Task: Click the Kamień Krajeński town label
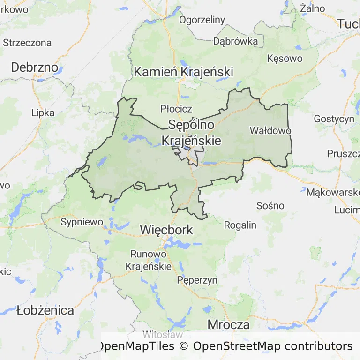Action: coord(183,72)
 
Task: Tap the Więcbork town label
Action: coord(166,230)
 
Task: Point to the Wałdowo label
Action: coord(270,130)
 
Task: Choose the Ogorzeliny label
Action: coord(202,20)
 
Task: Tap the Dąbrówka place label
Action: coord(235,41)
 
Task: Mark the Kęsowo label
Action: coord(285,59)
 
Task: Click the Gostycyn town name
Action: coord(334,119)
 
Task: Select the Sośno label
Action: coord(270,205)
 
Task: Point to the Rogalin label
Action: coord(240,225)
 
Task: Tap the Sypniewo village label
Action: coord(82,222)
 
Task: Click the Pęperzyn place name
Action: coord(197,280)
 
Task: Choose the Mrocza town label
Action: coord(228,324)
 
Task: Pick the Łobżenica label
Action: coord(45,310)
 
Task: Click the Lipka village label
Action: coord(43,112)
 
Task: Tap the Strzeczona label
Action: coord(27,43)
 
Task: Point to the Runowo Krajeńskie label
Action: coord(148,260)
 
